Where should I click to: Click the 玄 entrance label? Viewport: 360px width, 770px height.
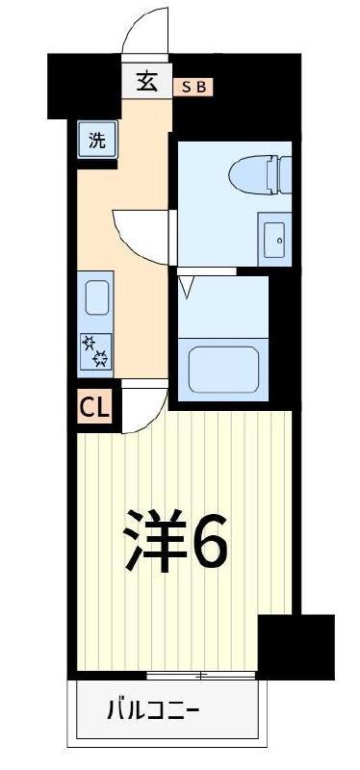[146, 82]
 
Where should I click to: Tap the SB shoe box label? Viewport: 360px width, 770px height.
[193, 88]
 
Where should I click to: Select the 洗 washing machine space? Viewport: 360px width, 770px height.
[98, 141]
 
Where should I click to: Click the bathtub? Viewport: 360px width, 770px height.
[223, 370]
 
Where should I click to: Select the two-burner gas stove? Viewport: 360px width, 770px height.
[94, 350]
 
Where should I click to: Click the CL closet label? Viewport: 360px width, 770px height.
[94, 406]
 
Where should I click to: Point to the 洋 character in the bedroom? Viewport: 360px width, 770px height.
[155, 540]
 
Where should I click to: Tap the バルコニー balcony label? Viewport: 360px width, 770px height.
[153, 709]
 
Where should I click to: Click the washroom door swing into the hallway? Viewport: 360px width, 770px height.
[139, 242]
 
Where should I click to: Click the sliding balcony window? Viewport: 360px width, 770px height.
[201, 676]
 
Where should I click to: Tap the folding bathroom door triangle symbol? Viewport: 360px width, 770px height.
[187, 287]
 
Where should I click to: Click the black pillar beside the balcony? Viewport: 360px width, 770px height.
[296, 647]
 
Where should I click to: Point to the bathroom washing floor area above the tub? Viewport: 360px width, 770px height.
[223, 306]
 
